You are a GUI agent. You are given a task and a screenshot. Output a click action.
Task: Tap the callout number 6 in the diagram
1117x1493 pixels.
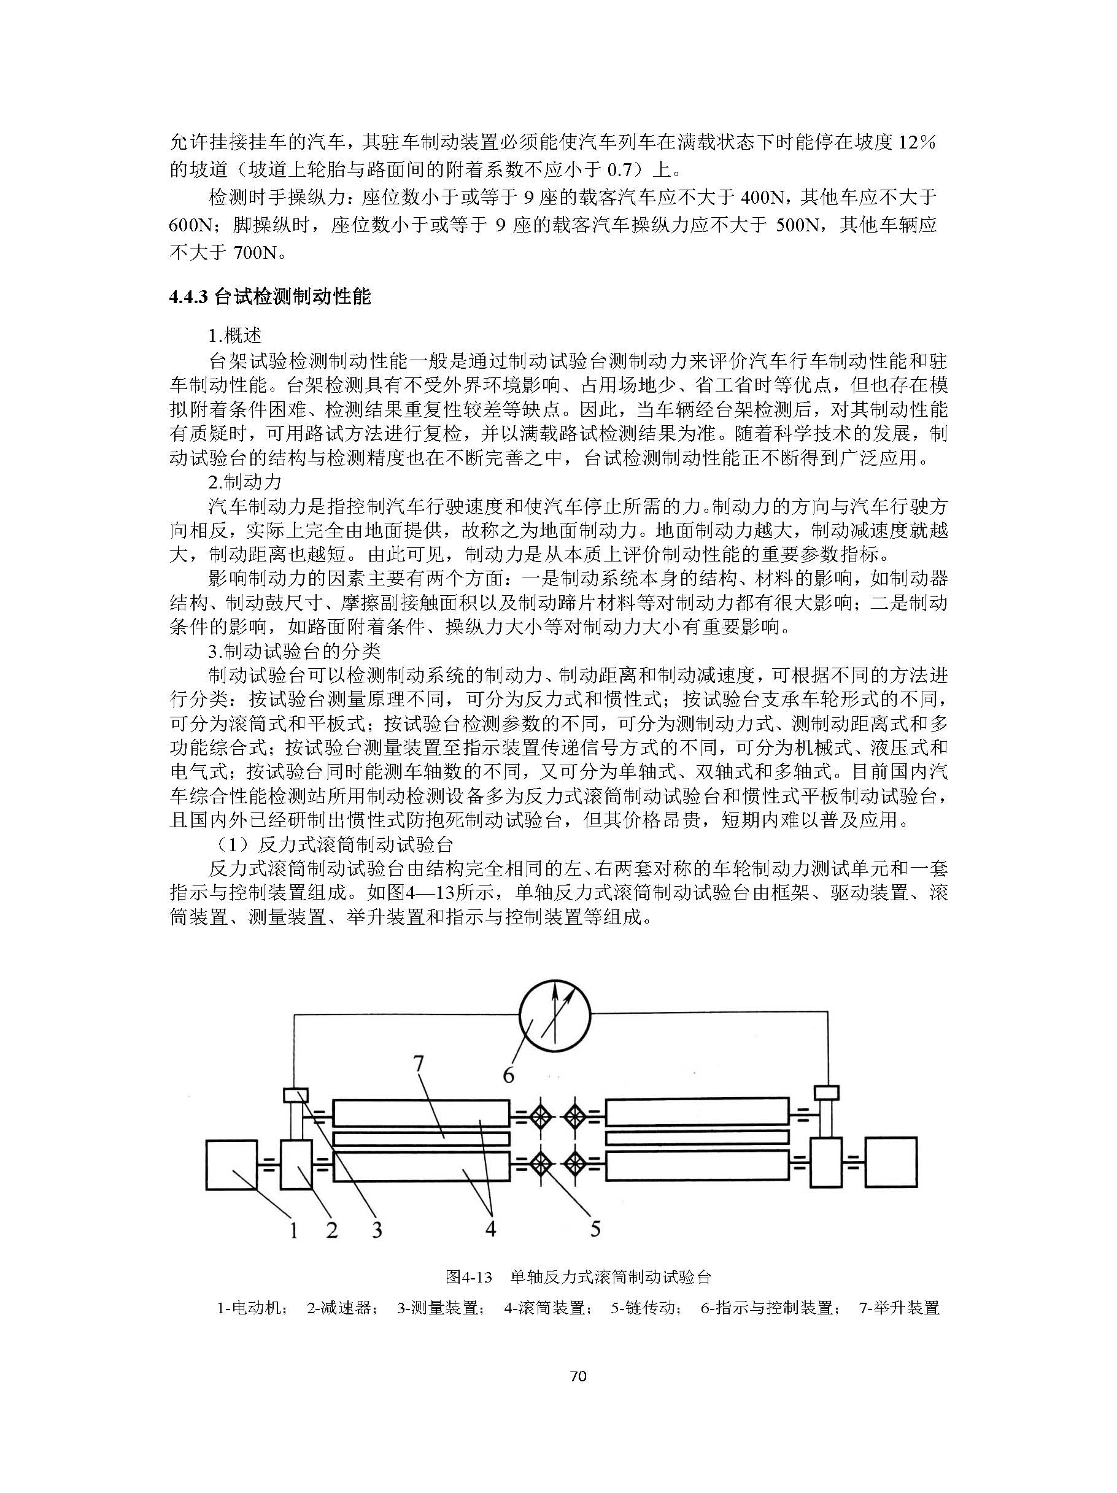(x=508, y=1074)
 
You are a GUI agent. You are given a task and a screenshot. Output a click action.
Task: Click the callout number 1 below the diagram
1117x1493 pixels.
(x=293, y=1230)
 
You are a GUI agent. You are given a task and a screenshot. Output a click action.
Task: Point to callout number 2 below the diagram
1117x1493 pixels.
(x=331, y=1230)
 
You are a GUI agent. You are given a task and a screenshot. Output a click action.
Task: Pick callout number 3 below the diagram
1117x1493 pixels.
(x=377, y=1230)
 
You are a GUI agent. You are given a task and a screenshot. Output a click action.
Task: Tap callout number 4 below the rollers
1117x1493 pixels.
(x=490, y=1229)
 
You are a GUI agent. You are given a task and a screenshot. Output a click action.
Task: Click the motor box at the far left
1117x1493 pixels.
(x=231, y=1164)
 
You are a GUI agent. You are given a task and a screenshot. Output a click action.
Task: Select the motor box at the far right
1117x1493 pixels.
(x=891, y=1162)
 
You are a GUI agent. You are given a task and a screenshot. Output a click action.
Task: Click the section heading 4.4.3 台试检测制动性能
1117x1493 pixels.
(x=270, y=297)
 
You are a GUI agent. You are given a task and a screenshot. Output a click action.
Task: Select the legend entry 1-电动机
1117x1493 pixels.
(x=253, y=1308)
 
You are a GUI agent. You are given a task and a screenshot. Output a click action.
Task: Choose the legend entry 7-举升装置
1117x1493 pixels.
(x=899, y=1308)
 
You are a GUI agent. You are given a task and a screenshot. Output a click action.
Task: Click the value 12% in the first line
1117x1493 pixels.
(x=916, y=142)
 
